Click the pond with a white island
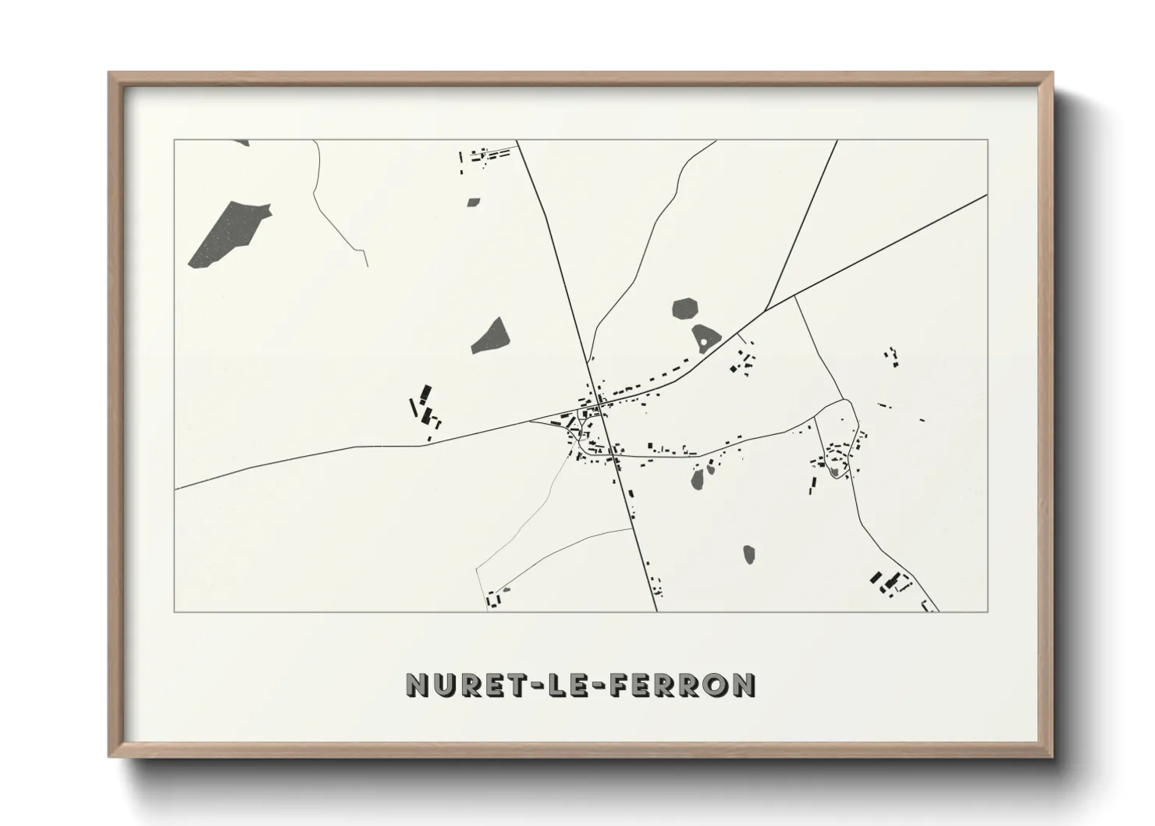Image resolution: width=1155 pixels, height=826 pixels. click(705, 338)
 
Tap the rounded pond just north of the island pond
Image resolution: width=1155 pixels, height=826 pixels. click(685, 307)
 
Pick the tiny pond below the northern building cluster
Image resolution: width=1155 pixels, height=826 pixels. click(474, 201)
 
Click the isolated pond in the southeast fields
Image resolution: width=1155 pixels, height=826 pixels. click(749, 554)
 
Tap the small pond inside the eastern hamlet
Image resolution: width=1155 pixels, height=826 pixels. click(834, 471)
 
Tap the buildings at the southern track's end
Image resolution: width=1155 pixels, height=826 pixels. click(493, 599)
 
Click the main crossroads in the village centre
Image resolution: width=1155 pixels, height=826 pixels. click(599, 403)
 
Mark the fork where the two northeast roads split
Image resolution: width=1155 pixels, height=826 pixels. click(766, 310)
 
